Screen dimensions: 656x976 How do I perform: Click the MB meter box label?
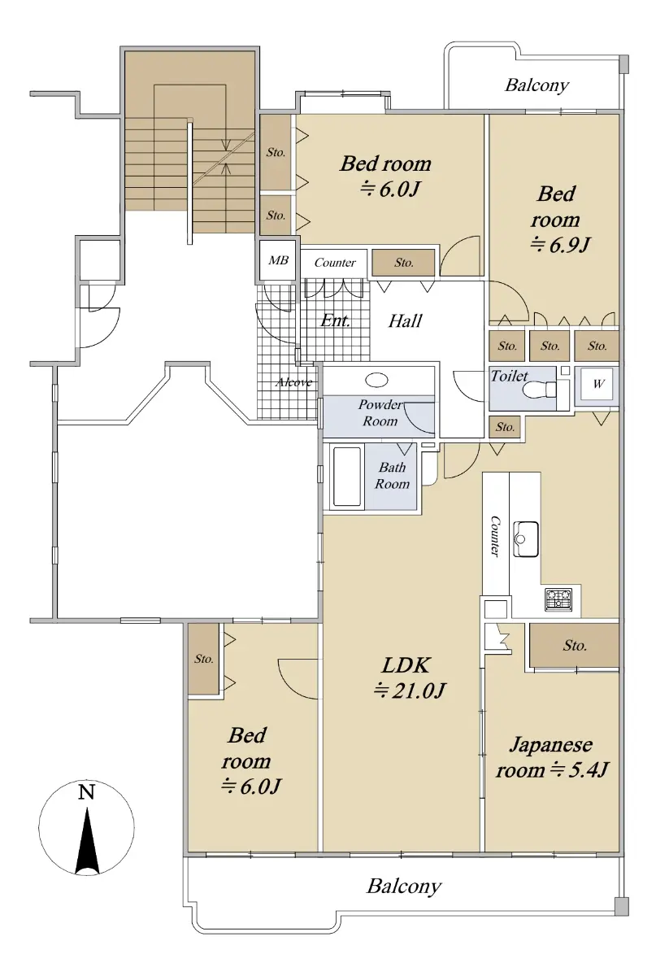tap(278, 260)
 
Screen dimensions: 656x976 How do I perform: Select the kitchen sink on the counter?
tap(526, 538)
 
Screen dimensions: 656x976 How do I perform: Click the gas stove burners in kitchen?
tap(558, 599)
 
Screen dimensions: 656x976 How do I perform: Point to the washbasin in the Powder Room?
tap(376, 380)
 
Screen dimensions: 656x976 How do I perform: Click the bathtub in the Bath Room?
tap(347, 477)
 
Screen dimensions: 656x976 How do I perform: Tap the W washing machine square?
tap(598, 384)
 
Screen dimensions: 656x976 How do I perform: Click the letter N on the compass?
tap(86, 791)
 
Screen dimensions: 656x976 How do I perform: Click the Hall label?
tap(405, 321)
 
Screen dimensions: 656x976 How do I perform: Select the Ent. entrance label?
tap(335, 321)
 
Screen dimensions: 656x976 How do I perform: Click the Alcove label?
tap(294, 382)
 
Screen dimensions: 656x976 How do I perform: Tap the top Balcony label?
tap(537, 85)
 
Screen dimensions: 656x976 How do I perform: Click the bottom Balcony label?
tap(404, 887)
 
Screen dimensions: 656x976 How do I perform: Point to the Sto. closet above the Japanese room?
tap(574, 645)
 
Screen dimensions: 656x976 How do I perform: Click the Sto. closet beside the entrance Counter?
tap(403, 262)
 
